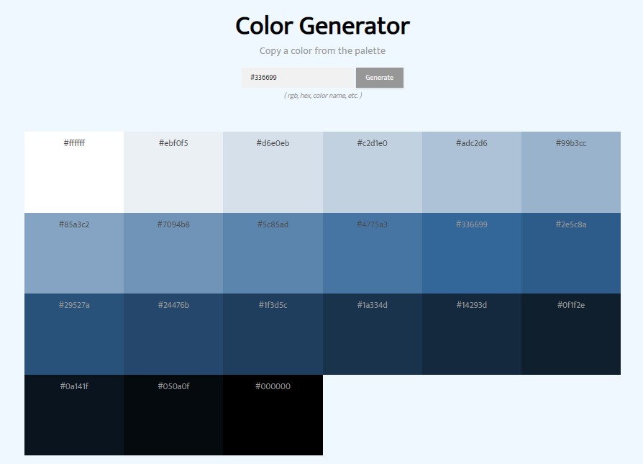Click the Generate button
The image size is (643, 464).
[x=379, y=78]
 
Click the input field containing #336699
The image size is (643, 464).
[x=298, y=78]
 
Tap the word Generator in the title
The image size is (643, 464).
[x=355, y=26]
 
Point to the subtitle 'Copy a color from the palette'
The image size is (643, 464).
[x=322, y=51]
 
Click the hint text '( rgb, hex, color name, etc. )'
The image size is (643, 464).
[x=323, y=96]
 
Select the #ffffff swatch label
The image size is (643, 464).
[x=74, y=143]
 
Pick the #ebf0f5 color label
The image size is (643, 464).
[x=173, y=143]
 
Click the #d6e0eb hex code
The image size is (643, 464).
[x=273, y=143]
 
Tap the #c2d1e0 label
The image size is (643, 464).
[x=372, y=143]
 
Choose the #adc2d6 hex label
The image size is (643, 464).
[x=471, y=143]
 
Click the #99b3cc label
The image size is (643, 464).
[x=570, y=143]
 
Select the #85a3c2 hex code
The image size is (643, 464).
[x=74, y=224]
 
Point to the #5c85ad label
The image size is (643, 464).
[x=273, y=224]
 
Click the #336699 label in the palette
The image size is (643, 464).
[x=471, y=224]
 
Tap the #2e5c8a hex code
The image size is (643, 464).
[x=570, y=224]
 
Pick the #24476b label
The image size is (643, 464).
[x=173, y=305]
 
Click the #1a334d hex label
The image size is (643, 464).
[x=372, y=305]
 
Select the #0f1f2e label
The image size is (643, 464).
[x=570, y=305]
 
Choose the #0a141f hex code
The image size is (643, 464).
[x=74, y=386]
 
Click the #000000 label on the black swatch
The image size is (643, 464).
[x=273, y=386]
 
